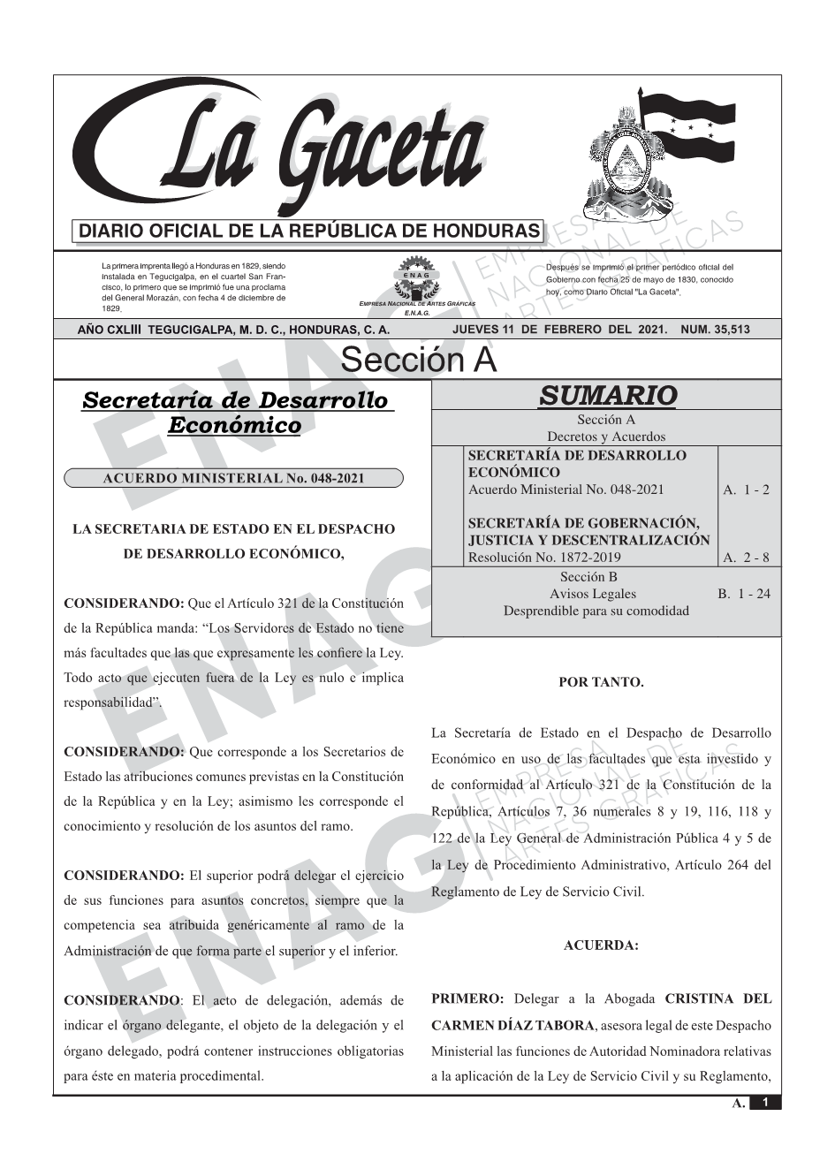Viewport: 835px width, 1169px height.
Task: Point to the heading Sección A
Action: (418, 361)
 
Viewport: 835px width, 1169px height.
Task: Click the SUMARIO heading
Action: (607, 395)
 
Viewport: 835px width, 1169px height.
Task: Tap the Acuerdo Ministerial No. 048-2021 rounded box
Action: (233, 479)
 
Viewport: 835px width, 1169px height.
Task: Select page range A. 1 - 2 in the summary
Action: (746, 490)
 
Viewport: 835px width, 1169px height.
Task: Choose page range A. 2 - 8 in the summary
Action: (746, 558)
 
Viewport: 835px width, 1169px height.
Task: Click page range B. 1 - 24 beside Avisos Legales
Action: (744, 594)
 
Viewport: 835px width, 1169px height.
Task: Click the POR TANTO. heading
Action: (601, 682)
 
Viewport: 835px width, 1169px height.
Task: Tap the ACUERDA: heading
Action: (601, 945)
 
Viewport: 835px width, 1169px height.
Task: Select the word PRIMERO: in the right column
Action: (467, 999)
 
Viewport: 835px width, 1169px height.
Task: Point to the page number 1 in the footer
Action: (765, 1103)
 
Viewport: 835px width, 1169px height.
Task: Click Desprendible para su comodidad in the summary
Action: (596, 611)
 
